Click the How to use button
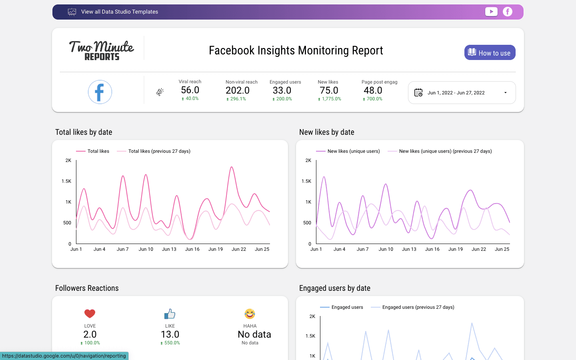point(490,52)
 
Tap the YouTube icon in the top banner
point(491,12)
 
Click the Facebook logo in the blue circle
point(100,92)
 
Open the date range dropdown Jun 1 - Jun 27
point(462,93)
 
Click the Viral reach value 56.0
point(190,90)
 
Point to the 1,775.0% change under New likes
point(330,99)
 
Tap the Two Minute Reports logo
point(102,50)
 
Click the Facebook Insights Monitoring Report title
point(296,50)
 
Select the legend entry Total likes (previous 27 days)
point(159,151)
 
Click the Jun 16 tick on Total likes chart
point(192,249)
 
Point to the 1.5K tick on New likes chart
point(306,181)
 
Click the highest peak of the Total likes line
point(232,167)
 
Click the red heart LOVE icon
point(90,314)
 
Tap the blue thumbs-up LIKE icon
point(170,314)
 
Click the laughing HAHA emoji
point(250,314)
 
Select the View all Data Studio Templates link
point(119,12)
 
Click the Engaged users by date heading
point(335,288)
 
